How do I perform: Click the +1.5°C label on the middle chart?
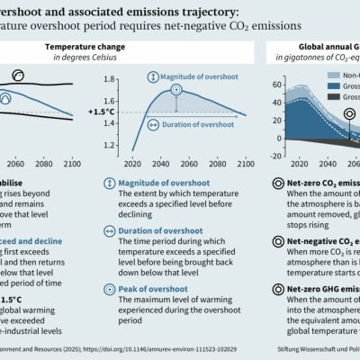tap(98, 112)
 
